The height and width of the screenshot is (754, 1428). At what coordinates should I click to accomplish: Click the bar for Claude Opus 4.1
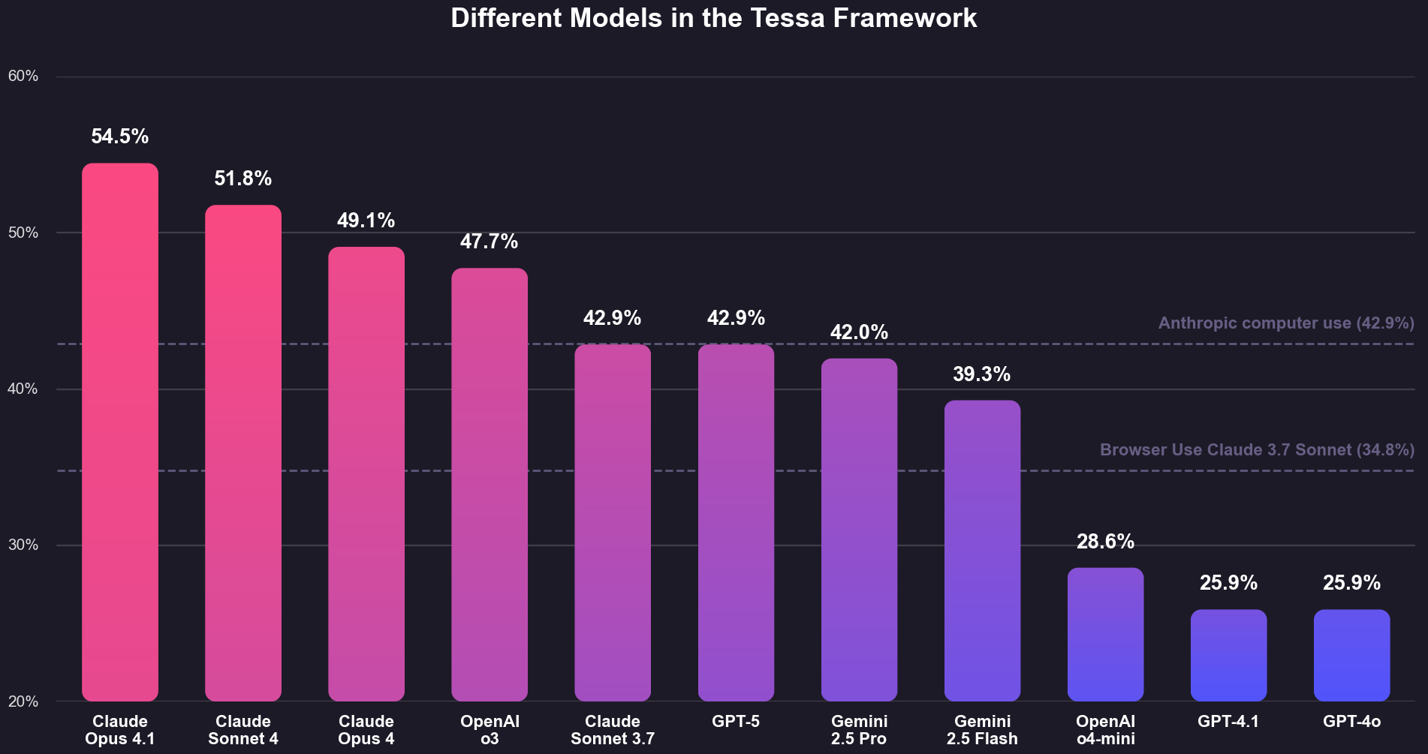pos(120,431)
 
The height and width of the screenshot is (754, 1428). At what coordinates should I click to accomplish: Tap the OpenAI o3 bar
pos(490,484)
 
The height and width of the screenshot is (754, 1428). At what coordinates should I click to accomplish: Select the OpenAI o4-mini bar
pos(1105,634)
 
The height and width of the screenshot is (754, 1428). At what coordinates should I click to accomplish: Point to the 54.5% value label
pos(120,137)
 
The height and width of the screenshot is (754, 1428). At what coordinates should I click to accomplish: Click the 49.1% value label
pos(366,221)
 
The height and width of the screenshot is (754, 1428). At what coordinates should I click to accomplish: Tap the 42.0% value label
pos(859,332)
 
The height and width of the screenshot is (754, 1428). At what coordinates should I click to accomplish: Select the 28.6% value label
pos(1105,542)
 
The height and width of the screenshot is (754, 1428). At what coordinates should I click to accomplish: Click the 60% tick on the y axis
pos(23,77)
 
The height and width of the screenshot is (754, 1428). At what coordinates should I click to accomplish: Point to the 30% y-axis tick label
pos(23,545)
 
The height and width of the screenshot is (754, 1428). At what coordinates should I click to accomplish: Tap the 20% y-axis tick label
pos(23,702)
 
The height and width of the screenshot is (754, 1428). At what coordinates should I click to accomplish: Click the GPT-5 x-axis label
pos(736,722)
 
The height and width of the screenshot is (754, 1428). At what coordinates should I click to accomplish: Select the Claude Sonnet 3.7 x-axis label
pos(613,730)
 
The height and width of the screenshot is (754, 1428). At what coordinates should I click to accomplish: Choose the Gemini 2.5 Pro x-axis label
pos(859,730)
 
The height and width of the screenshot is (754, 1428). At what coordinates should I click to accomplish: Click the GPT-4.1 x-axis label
pos(1228,722)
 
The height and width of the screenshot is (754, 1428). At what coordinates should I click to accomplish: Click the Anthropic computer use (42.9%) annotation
pos(1286,323)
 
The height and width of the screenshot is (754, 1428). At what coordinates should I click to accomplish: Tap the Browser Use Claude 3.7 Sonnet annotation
pos(1257,450)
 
